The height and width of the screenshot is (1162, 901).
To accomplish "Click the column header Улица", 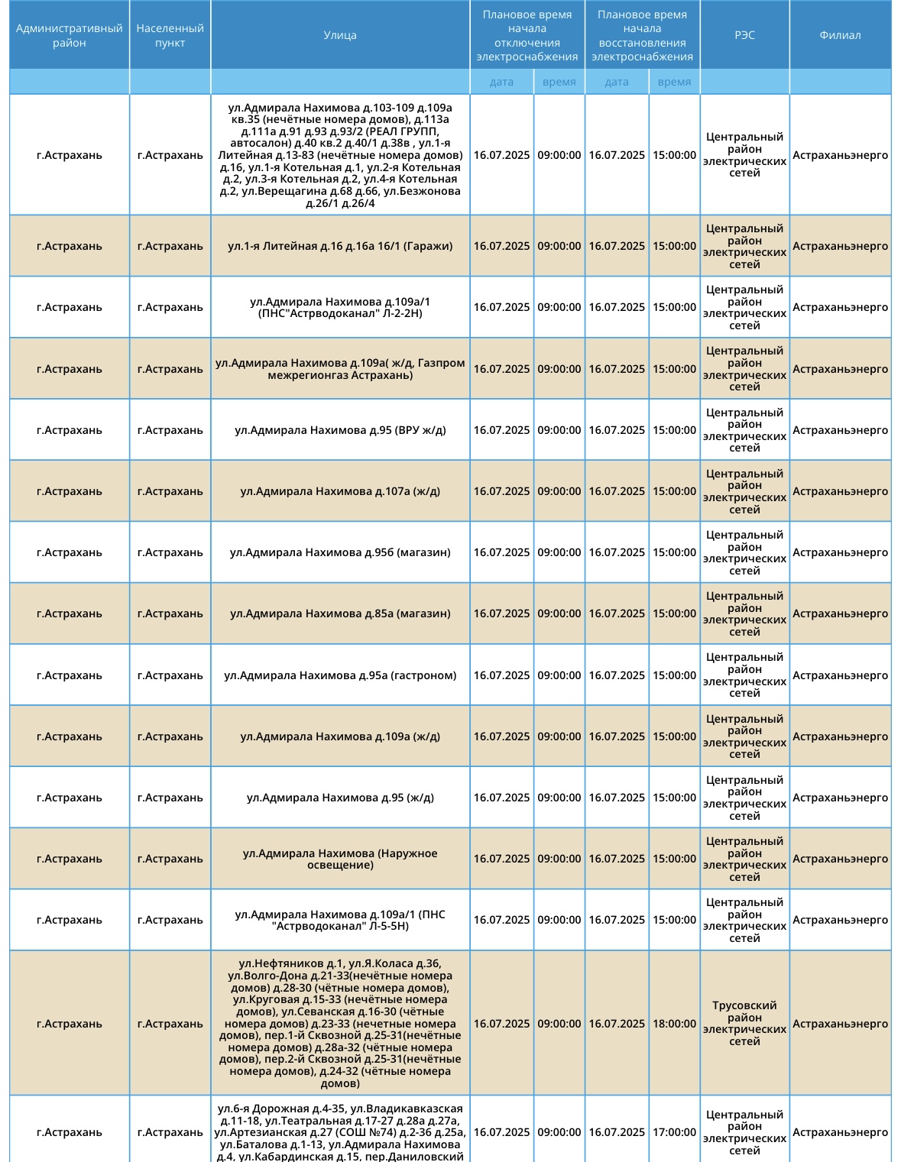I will pos(340,35).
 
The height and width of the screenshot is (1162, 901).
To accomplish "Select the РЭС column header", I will pos(744,35).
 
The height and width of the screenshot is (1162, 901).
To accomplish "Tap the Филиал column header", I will pos(840,35).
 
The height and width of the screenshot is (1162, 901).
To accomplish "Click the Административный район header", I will pos(70,35).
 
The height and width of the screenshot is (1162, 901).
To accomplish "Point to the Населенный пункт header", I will pos(170,35).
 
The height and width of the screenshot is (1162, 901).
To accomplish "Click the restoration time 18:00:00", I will pos(674,1024).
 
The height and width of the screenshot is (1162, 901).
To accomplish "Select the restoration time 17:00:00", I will pos(674,1132).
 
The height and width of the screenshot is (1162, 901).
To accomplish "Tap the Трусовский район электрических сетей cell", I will pos(744,1024).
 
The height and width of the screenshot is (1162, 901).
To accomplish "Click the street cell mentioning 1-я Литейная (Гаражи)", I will pos(340,246).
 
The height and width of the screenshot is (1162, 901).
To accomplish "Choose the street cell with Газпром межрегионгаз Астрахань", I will pos(340,369).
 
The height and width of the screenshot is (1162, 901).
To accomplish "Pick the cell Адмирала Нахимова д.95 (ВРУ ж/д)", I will pos(340,430).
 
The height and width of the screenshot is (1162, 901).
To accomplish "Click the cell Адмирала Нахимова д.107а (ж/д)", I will pos(340,491).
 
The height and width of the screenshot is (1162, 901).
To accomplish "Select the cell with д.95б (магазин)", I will pos(340,552).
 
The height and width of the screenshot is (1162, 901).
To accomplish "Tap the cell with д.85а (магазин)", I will pos(340,613).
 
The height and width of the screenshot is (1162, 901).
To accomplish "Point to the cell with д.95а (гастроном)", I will pos(340,675).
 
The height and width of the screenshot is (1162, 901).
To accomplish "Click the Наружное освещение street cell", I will pos(340,859).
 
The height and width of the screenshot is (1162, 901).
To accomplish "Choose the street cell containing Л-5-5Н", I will pos(340,920).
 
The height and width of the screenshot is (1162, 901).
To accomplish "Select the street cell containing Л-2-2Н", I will pos(340,307).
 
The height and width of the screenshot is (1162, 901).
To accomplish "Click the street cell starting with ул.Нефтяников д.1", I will pos(340,1024).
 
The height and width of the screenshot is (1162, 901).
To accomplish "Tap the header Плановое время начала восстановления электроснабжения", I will pos(642,35).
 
